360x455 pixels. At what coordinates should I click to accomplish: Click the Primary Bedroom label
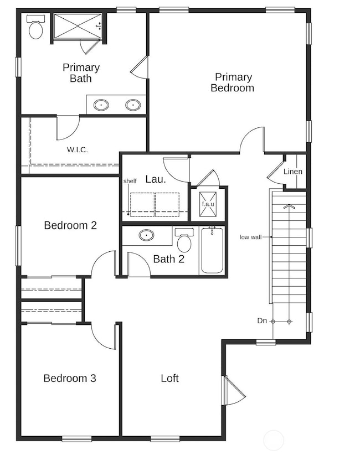pos(233,82)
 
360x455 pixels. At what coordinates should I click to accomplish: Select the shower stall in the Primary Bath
pos(78,26)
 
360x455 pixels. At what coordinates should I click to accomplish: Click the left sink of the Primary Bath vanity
pos(101,105)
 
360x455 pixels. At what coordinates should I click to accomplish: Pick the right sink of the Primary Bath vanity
pos(133,105)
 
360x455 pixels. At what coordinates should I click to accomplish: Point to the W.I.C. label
pos(78,149)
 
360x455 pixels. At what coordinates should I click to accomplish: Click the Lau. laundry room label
pos(153,179)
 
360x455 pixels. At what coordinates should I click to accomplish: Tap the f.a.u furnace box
pos(208,204)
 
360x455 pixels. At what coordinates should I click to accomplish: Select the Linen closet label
pos(293,172)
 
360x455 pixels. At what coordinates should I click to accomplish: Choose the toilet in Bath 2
pos(184,241)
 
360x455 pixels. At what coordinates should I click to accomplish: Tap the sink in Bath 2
pos(146,235)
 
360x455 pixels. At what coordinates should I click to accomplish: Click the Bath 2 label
pos(168,259)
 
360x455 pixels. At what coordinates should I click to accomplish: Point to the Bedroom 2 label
pos(70,225)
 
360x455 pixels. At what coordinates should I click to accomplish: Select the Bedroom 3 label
pos(70,379)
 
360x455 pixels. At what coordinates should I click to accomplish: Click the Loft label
pos(169,379)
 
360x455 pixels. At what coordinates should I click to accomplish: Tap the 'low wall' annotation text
pos(250,237)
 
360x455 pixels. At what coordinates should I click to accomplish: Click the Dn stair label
pos(262,321)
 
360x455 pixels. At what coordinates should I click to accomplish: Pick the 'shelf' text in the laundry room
pos(130,181)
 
